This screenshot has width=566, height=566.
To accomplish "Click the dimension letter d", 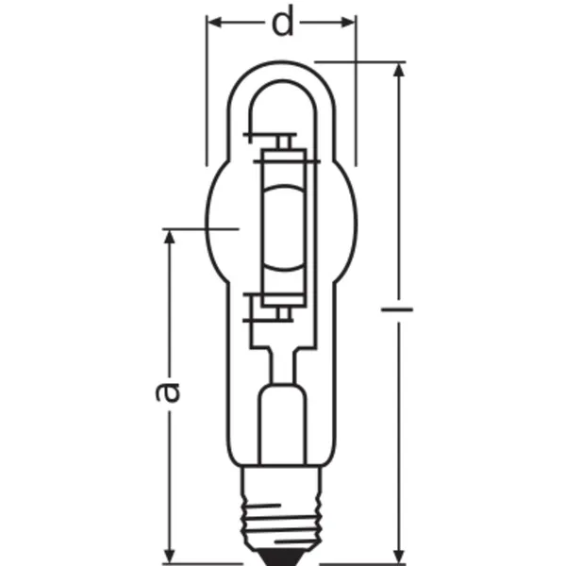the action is point(282,23).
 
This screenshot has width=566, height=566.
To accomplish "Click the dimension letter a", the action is point(168,392).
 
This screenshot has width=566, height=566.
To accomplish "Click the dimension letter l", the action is point(397,309).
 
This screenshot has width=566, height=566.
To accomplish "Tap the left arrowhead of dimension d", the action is point(214,23).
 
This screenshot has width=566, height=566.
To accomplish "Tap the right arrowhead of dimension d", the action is point(348,23).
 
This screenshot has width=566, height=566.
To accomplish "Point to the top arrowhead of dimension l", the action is point(398,70).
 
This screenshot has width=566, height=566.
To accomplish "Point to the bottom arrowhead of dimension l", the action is point(398,556).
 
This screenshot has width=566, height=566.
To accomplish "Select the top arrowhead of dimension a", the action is point(169,237).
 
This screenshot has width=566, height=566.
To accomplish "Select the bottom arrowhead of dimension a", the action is point(169,556).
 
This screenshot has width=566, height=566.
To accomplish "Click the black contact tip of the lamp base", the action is point(282,558).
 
